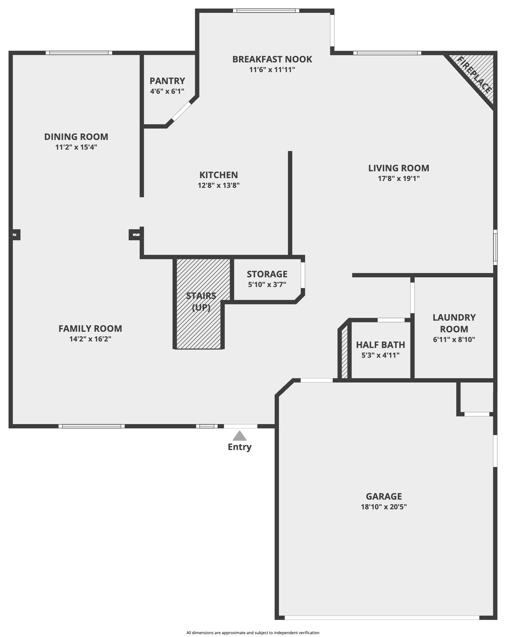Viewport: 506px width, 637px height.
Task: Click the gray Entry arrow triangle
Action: pyautogui.click(x=239, y=436)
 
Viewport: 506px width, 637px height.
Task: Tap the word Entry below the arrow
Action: pyautogui.click(x=239, y=447)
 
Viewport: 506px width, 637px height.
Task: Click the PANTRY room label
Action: pyautogui.click(x=167, y=81)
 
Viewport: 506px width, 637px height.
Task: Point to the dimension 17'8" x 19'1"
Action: pyautogui.click(x=399, y=178)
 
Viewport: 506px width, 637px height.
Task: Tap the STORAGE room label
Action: pyautogui.click(x=267, y=274)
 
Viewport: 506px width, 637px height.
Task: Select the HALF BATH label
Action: pyautogui.click(x=380, y=345)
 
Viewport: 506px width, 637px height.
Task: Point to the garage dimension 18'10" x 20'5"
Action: pyautogui.click(x=383, y=507)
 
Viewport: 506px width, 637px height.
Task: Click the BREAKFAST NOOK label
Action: pyautogui.click(x=272, y=59)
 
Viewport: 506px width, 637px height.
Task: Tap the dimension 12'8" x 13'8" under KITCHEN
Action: pyautogui.click(x=218, y=186)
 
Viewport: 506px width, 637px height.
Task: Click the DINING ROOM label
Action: pyautogui.click(x=76, y=137)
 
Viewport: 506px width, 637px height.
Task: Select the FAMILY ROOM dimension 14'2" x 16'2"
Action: pyautogui.click(x=90, y=339)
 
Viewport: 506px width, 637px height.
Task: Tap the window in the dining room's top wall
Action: pyautogui.click(x=79, y=53)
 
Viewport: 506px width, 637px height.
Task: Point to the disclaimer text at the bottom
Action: pyautogui.click(x=252, y=632)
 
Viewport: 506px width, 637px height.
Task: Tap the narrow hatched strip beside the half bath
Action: pyautogui.click(x=344, y=353)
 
